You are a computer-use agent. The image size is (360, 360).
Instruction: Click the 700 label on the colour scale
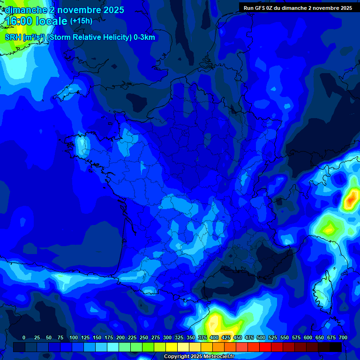tap(343, 337)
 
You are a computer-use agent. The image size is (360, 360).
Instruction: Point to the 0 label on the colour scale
tap(24, 337)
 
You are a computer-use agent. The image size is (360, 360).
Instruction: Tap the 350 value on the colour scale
tap(191, 337)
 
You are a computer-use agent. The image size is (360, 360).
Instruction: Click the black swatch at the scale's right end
tap(336, 347)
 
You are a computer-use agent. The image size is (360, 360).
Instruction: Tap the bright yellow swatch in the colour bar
tap(172, 347)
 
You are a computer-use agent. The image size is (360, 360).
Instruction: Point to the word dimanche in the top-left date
tap(23, 10)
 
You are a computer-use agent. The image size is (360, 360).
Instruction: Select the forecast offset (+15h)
tap(81, 21)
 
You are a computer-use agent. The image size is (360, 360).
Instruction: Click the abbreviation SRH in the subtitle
tap(13, 37)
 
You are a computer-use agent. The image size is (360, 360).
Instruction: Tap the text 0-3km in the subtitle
tap(144, 37)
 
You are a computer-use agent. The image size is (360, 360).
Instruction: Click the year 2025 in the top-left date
tap(113, 10)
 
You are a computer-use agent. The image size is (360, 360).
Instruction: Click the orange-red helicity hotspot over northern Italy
tap(351, 199)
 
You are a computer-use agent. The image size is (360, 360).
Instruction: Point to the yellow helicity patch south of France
tap(216, 323)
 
